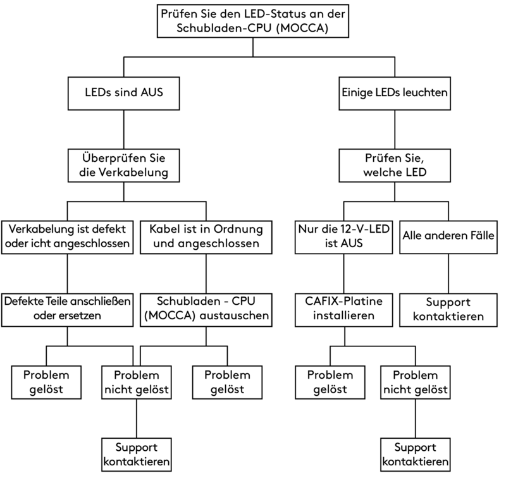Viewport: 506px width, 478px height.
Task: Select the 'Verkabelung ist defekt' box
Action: point(68,236)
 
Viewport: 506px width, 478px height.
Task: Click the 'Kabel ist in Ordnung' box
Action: point(206,236)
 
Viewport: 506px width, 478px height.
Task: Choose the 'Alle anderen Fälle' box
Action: point(449,236)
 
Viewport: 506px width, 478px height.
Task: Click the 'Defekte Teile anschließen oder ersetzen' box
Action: point(68,309)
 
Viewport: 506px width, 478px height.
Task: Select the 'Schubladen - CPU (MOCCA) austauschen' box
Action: point(206,309)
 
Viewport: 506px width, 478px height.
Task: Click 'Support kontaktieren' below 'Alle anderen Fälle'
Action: point(449,309)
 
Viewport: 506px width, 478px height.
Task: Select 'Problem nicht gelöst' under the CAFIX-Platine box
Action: point(414,381)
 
